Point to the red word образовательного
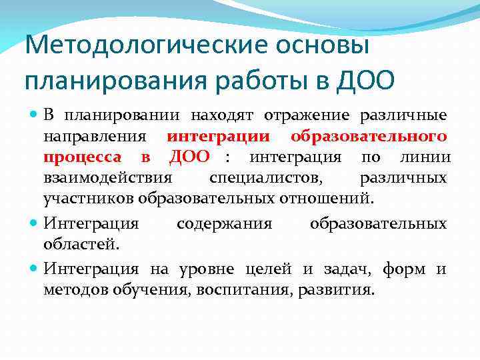coord(368,137)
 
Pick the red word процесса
coord(83,157)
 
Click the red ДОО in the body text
coord(189,157)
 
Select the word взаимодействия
coord(107,178)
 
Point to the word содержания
coord(224,223)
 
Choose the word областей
coord(81,244)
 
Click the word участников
coord(89,199)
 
